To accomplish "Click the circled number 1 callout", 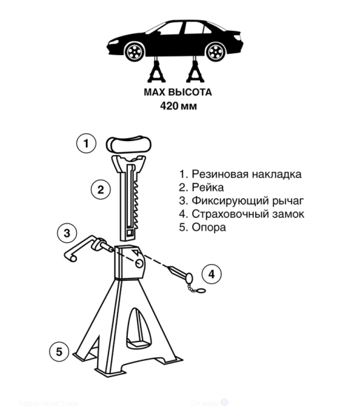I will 86,144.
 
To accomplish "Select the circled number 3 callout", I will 66,233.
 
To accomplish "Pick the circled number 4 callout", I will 212,274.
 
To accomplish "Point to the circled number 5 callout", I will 60,351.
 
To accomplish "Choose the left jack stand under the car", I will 156,73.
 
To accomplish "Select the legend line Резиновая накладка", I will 240,175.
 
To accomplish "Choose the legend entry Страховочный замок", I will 242,214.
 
